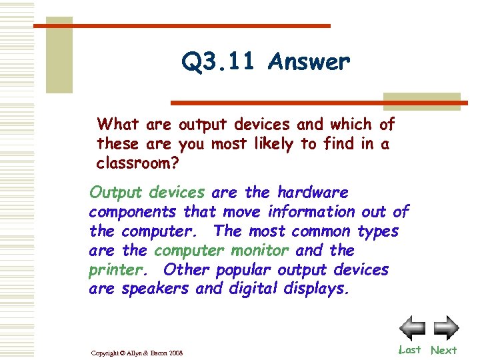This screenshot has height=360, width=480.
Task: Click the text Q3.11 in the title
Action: (x=219, y=63)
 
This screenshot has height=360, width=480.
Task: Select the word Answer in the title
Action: (x=308, y=63)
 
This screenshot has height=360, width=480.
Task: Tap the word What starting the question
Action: (x=118, y=125)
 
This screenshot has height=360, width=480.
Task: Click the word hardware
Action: (x=313, y=193)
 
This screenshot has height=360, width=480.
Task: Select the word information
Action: (x=311, y=212)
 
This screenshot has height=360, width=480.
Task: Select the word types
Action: (x=377, y=231)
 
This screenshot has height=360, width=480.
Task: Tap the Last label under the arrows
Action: (x=409, y=350)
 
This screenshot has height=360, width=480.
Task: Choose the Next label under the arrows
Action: (x=443, y=350)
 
